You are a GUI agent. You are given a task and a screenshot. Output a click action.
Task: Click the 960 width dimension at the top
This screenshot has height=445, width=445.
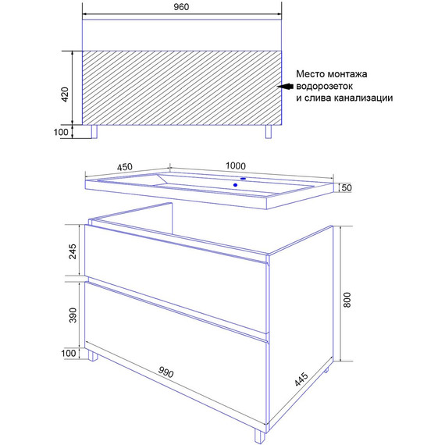click(181, 7)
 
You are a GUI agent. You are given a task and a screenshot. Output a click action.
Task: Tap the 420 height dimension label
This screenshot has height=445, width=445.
click(65, 94)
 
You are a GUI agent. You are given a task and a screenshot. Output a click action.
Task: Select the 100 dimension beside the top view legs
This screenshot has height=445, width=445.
click(61, 132)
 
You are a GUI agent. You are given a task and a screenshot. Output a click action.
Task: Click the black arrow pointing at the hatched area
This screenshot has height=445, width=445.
click(285, 87)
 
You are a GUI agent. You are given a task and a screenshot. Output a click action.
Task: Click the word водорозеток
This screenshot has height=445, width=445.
click(325, 86)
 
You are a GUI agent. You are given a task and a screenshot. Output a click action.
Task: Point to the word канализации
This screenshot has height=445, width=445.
click(363, 98)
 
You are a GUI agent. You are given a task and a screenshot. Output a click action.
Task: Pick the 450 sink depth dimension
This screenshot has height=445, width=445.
click(125, 166)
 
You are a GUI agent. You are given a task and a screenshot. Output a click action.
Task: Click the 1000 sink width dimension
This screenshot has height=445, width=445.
click(236, 166)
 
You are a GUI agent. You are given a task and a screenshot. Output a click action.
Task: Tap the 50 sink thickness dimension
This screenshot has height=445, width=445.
click(346, 187)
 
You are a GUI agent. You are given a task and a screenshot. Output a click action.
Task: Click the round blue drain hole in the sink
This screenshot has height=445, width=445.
click(235, 185)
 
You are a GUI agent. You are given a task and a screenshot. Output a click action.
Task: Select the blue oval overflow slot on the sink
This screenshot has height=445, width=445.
click(244, 179)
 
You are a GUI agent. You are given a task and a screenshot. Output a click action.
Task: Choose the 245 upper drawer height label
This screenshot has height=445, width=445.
click(73, 251)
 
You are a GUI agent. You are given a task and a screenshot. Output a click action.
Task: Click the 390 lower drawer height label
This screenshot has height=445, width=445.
click(73, 315)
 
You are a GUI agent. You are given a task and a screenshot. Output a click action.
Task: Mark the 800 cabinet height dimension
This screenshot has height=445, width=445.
click(347, 300)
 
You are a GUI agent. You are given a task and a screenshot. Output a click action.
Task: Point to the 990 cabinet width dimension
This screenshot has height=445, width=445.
click(166, 372)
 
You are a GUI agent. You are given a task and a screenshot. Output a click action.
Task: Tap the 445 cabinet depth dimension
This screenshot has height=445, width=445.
click(301, 379)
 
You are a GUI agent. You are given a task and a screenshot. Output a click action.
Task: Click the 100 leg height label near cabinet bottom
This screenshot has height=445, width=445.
click(69, 354)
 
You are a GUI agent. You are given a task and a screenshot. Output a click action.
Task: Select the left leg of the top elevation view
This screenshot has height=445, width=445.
click(94, 131)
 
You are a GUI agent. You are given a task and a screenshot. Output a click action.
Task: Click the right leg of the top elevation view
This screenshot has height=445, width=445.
click(269, 131)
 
